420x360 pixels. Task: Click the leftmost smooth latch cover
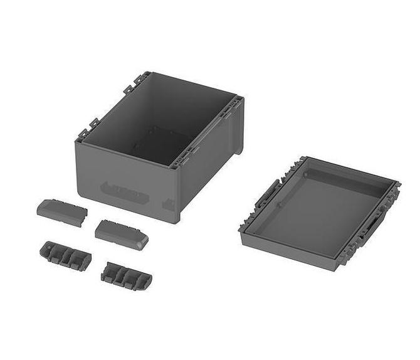[x=61, y=212]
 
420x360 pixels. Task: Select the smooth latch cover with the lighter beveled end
[x=122, y=234]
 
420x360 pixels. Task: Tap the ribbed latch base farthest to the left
[x=65, y=255]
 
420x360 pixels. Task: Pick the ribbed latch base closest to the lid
[x=126, y=276]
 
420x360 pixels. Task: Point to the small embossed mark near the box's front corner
[x=168, y=204]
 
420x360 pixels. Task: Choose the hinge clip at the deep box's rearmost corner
[x=141, y=78]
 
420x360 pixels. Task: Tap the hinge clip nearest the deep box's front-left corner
[x=83, y=133]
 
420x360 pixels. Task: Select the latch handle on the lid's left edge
[x=268, y=194]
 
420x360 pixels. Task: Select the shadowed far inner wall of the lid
[x=348, y=176]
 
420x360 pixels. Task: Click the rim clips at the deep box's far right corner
[x=236, y=104]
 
